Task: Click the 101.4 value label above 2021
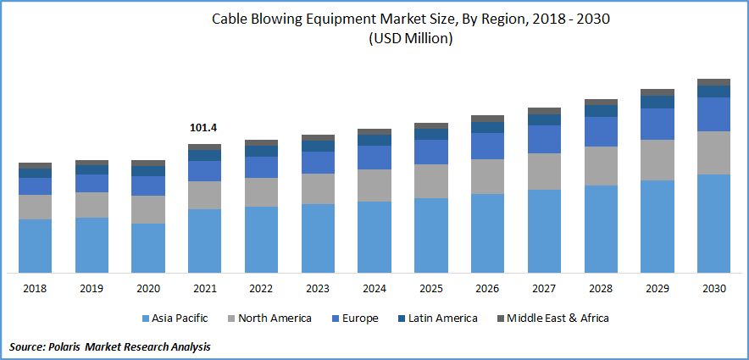click(x=204, y=128)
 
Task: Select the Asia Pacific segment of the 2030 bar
click(x=713, y=224)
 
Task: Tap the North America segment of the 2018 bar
click(x=35, y=207)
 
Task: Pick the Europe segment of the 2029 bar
click(x=657, y=124)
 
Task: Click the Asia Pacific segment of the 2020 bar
click(x=148, y=247)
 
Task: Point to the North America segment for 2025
click(x=430, y=180)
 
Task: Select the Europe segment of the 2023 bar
click(x=318, y=163)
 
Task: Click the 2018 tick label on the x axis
click(x=35, y=289)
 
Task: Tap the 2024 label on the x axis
click(x=374, y=289)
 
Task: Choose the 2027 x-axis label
click(x=543, y=289)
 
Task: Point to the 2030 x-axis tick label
click(x=713, y=289)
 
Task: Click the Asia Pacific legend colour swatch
click(x=145, y=318)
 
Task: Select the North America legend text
click(x=275, y=318)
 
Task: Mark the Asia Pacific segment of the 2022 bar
click(x=261, y=239)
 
